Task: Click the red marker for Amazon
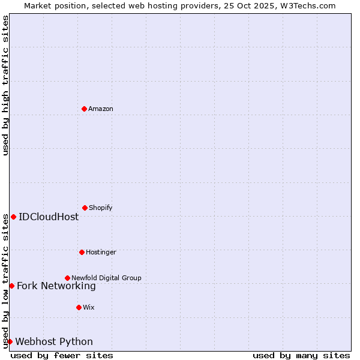click(84, 109)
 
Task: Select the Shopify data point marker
click(85, 208)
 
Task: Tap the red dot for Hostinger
click(82, 252)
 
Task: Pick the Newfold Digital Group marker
click(67, 278)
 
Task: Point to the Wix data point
click(79, 307)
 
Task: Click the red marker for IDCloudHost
click(13, 217)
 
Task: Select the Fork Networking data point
click(11, 286)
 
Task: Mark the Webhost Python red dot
click(10, 341)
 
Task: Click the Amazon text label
click(101, 109)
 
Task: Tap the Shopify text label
click(101, 208)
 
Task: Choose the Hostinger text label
click(101, 252)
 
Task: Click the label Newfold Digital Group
click(106, 278)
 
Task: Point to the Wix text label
click(89, 307)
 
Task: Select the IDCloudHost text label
click(49, 217)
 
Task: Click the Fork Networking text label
click(56, 286)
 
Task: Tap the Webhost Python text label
click(54, 341)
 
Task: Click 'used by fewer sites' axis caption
click(62, 355)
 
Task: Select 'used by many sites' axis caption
click(301, 355)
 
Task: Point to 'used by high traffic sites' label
click(5, 85)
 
